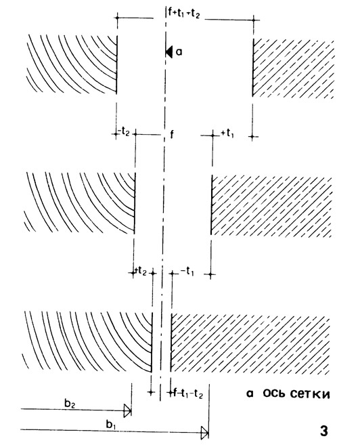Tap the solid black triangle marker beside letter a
169,52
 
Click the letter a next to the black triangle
179,52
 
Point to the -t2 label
125,132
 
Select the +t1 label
227,133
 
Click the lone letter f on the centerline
172,134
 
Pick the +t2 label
141,272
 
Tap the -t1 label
187,272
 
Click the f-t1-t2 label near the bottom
188,393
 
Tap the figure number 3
324,431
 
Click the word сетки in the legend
310,394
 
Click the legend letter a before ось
250,394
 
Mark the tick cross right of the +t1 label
252,137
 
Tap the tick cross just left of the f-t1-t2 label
170,393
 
